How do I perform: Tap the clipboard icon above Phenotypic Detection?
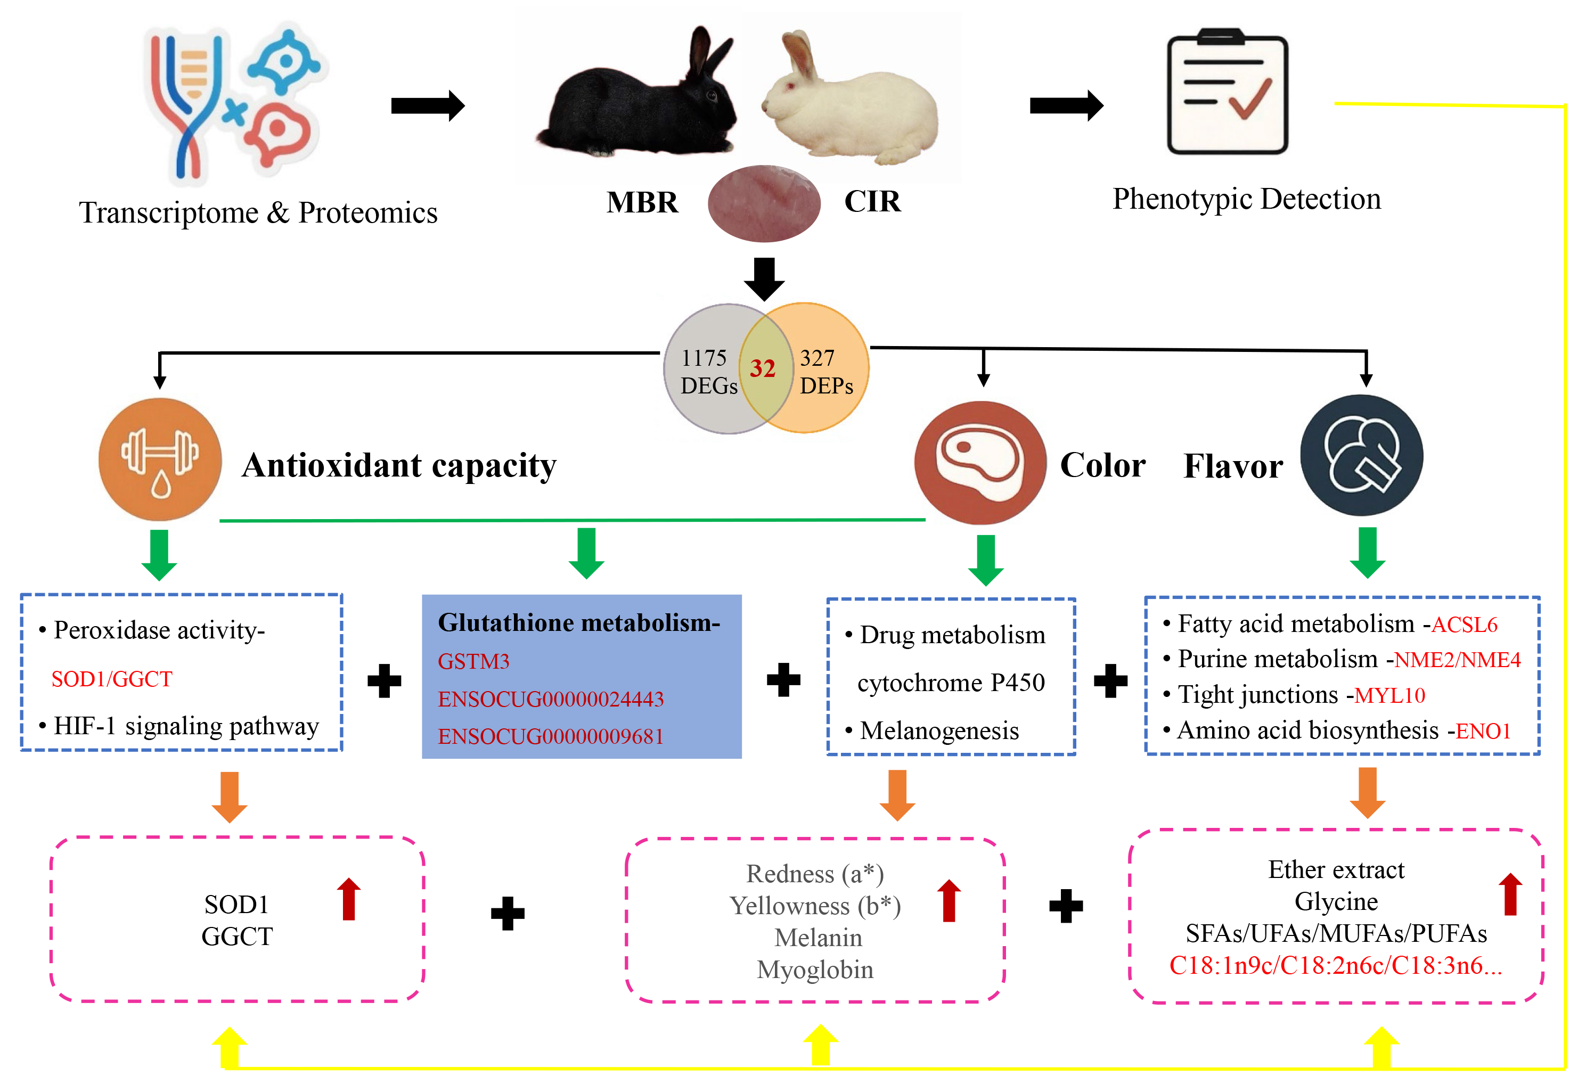pos(1227,92)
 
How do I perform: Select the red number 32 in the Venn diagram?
pos(762,369)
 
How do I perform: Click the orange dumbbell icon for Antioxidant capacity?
pos(160,459)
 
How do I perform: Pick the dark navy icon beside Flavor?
pos(1361,456)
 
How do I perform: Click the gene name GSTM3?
pos(473,661)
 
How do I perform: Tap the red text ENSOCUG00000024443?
pos(551,699)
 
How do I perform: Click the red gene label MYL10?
pos(1389,696)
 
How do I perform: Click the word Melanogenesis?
pos(939,730)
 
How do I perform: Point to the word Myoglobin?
pos(815,970)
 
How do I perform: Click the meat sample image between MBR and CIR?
pos(764,203)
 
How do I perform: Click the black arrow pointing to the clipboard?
pos(1066,106)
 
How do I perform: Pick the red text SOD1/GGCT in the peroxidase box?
pos(112,679)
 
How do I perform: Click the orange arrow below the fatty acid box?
pos(1367,792)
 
